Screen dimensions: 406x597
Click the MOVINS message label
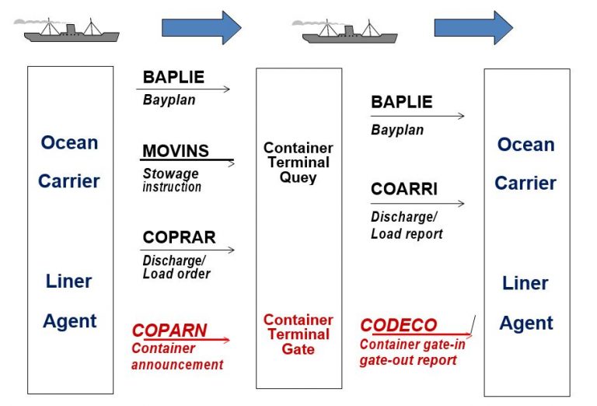point(176,151)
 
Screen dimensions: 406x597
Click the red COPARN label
point(169,330)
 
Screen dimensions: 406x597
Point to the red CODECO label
point(399,325)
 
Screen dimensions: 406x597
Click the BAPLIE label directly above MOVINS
point(173,77)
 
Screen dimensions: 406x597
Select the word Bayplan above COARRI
point(397,130)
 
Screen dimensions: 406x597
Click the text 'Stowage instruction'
point(172,180)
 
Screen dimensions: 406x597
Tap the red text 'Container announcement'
point(177,357)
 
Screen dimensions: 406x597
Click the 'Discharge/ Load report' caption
point(407,226)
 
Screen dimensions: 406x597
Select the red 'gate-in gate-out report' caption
point(409,353)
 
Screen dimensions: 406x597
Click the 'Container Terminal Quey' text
point(298,163)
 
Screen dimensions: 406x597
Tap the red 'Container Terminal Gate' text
point(298,334)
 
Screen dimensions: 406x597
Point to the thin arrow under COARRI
point(417,204)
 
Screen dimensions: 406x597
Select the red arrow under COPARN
point(187,340)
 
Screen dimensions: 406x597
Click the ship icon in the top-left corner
point(71,32)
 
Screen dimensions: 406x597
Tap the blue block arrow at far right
point(473,28)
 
